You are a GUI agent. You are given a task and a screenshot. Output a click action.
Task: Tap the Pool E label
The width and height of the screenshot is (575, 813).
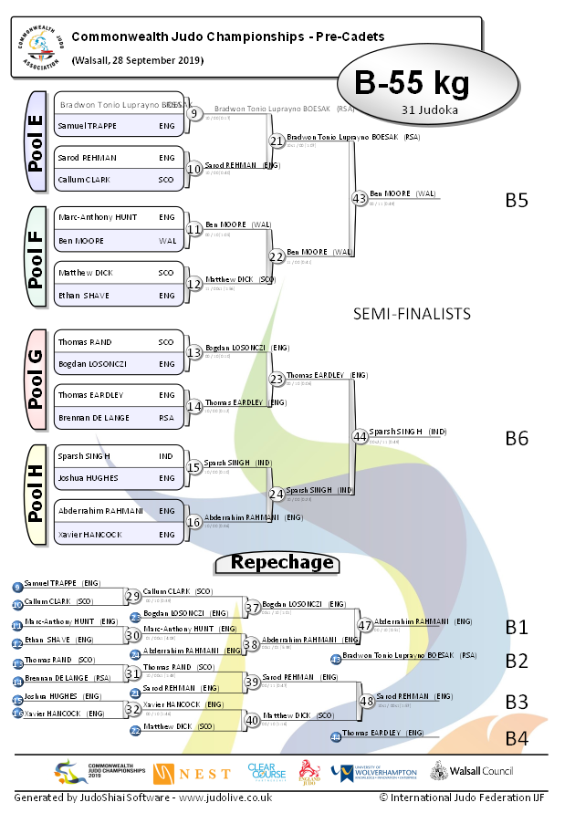[37, 141]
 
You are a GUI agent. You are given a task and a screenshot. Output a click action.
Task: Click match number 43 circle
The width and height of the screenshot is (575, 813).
[359, 198]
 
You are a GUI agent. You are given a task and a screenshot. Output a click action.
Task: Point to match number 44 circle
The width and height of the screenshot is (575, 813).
[359, 437]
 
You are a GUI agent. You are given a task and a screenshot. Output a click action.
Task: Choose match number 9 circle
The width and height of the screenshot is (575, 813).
[194, 114]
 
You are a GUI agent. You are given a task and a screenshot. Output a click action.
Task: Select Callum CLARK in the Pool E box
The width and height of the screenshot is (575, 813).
[84, 180]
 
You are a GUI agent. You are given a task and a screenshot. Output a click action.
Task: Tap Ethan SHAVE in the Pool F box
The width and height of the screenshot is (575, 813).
[84, 296]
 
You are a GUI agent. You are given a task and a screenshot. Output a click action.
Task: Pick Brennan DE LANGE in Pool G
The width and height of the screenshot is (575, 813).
[93, 417]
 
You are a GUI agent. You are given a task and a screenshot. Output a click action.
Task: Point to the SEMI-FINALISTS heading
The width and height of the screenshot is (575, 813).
[412, 313]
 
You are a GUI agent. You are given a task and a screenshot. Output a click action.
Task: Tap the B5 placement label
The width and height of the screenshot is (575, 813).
[517, 200]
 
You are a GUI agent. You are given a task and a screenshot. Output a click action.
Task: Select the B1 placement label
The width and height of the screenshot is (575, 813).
[517, 627]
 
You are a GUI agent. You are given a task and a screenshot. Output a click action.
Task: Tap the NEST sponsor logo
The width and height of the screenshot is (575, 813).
[192, 774]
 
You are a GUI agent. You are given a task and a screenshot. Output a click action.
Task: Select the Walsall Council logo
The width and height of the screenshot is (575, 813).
[473, 772]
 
